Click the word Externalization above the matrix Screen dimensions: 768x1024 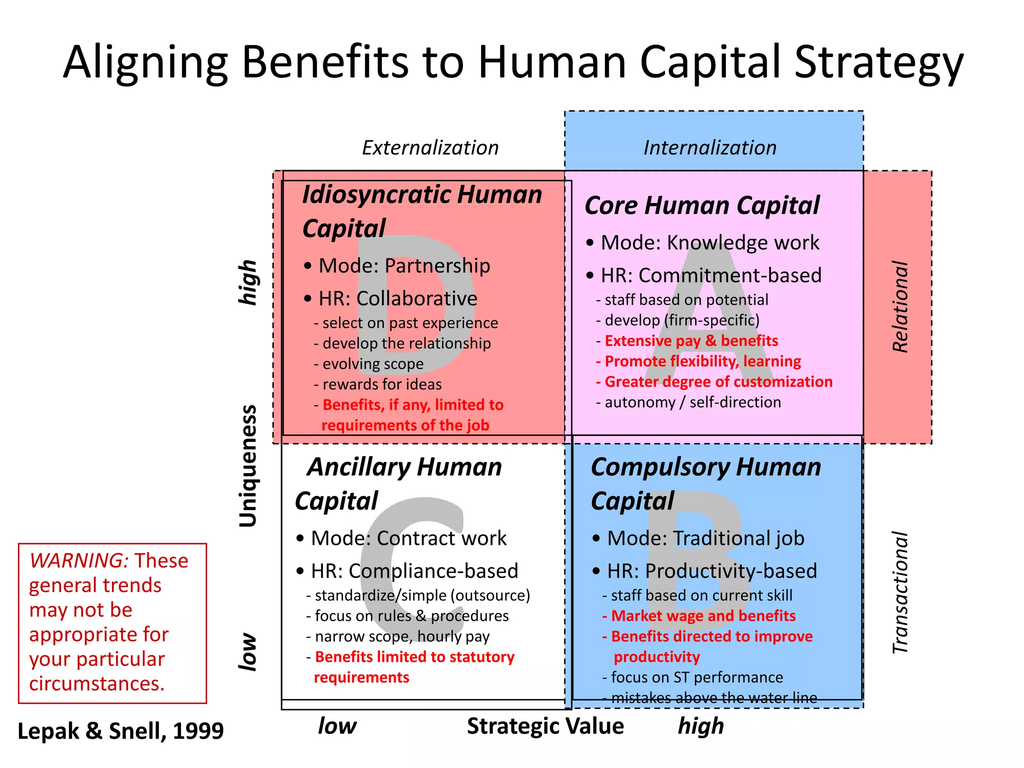[430, 148]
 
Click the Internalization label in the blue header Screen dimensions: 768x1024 [710, 148]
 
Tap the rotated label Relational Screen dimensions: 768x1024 [900, 306]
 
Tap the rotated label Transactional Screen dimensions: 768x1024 [900, 592]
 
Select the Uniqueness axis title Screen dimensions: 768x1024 [248, 466]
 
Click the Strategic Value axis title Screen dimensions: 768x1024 [545, 726]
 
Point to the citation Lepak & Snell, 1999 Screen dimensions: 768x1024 [120, 731]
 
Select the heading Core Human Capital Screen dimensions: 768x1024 [702, 205]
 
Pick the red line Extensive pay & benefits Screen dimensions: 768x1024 [691, 341]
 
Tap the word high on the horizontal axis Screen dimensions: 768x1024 [700, 726]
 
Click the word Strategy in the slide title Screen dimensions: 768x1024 [878, 62]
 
